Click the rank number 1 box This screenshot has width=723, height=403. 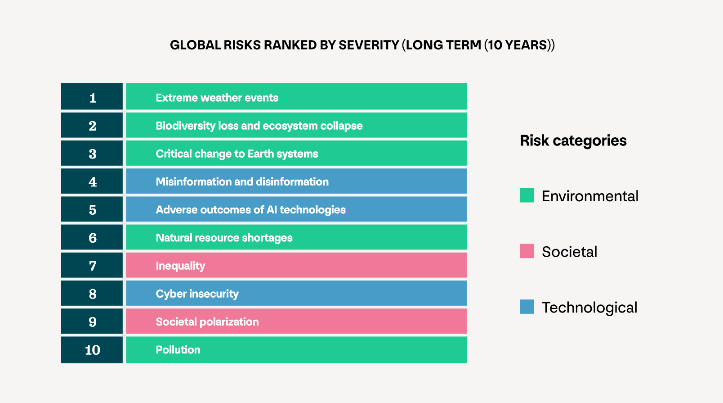[x=92, y=97]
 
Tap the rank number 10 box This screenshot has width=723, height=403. [x=92, y=350]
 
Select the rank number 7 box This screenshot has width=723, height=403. [x=92, y=266]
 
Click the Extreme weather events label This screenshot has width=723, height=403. [x=217, y=98]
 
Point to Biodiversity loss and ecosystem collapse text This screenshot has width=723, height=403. [x=259, y=126]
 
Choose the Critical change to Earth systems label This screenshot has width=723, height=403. [x=237, y=154]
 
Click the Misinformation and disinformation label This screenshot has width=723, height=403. [x=242, y=182]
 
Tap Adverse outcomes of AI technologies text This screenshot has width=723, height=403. [x=250, y=210]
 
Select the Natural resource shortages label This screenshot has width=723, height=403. [x=224, y=238]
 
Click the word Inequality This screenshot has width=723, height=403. [x=180, y=266]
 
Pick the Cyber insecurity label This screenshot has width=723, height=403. [x=197, y=294]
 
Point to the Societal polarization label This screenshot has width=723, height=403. [x=207, y=322]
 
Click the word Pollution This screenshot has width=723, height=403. [x=178, y=350]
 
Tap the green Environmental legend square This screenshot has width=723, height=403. [x=527, y=195]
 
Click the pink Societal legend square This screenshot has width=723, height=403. [x=527, y=251]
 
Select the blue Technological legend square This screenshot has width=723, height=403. [x=527, y=307]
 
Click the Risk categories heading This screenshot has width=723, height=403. [x=573, y=140]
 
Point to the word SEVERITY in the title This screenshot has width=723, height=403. [x=369, y=45]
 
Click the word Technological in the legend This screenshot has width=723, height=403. [x=589, y=308]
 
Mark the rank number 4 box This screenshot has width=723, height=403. [x=92, y=181]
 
